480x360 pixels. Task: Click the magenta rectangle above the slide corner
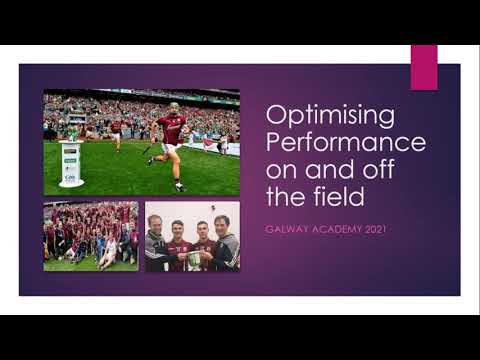424,66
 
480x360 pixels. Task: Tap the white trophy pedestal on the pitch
71,164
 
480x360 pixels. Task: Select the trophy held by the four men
194,258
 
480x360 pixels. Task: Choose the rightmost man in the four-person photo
225,245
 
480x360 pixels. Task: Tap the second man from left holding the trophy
178,246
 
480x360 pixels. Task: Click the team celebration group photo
91,236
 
